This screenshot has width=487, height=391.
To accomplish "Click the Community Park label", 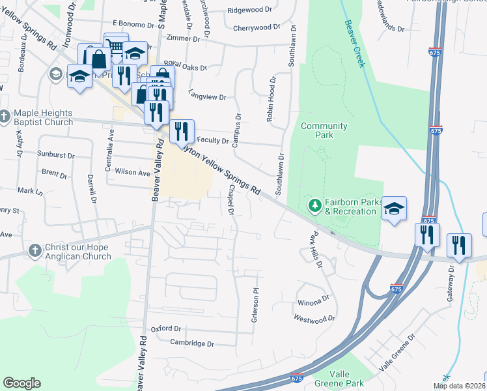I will (x=324, y=130).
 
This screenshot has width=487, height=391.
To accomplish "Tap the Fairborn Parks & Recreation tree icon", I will (x=315, y=207).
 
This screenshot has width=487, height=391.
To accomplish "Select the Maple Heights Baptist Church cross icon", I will (x=5, y=117).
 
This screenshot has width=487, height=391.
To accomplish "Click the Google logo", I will (x=21, y=383).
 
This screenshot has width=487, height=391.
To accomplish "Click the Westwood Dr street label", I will (x=314, y=319).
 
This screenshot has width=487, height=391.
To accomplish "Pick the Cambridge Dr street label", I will (x=192, y=343).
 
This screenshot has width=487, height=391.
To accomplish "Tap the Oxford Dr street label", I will (x=165, y=328).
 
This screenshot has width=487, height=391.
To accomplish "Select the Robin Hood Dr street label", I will (x=271, y=100).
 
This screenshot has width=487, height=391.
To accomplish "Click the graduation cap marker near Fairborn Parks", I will (x=394, y=209).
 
